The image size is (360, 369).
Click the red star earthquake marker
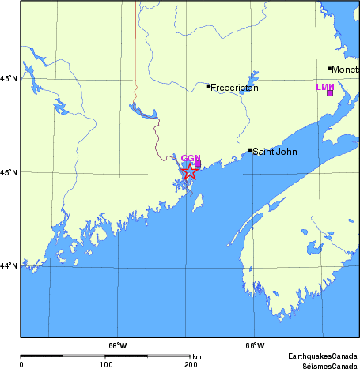click(x=190, y=171)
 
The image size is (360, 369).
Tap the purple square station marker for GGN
click(x=198, y=164)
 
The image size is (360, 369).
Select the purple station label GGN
click(x=191, y=159)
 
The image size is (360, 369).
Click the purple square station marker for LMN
click(x=330, y=93)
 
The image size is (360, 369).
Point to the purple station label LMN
click(x=325, y=86)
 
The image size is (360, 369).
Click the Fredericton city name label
click(x=234, y=88)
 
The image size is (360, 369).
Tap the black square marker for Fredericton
click(x=208, y=86)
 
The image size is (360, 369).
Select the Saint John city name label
click(x=275, y=151)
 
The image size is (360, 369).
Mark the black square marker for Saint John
click(x=250, y=150)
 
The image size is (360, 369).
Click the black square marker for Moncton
click(x=330, y=69)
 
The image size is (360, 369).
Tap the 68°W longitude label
click(x=117, y=345)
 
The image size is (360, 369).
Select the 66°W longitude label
click(x=254, y=345)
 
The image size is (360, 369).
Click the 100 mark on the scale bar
click(x=105, y=364)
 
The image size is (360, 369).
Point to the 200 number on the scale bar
click(x=190, y=364)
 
